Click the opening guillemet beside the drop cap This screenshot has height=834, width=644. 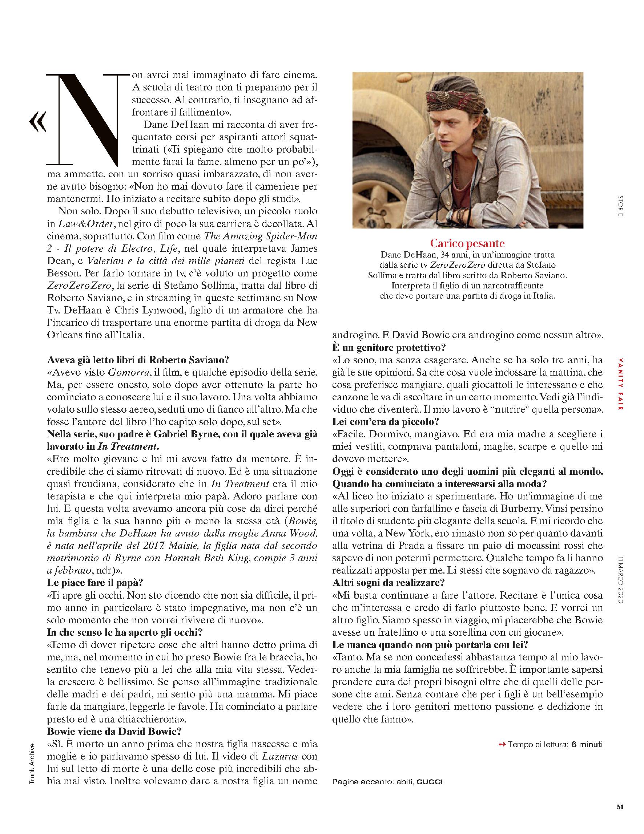click(x=37, y=121)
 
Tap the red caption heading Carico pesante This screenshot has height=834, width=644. click(x=467, y=243)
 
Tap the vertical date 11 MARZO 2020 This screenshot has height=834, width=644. click(x=620, y=581)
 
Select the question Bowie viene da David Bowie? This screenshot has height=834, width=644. click(x=114, y=732)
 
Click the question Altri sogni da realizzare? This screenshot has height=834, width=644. click(x=389, y=583)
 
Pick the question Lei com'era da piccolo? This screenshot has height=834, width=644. click(x=386, y=422)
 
